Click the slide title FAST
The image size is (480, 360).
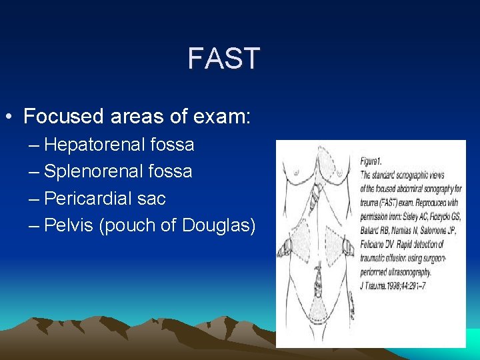point(223,59)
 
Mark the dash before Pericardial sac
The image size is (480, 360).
point(35,199)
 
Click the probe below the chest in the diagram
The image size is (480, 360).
point(317,195)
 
